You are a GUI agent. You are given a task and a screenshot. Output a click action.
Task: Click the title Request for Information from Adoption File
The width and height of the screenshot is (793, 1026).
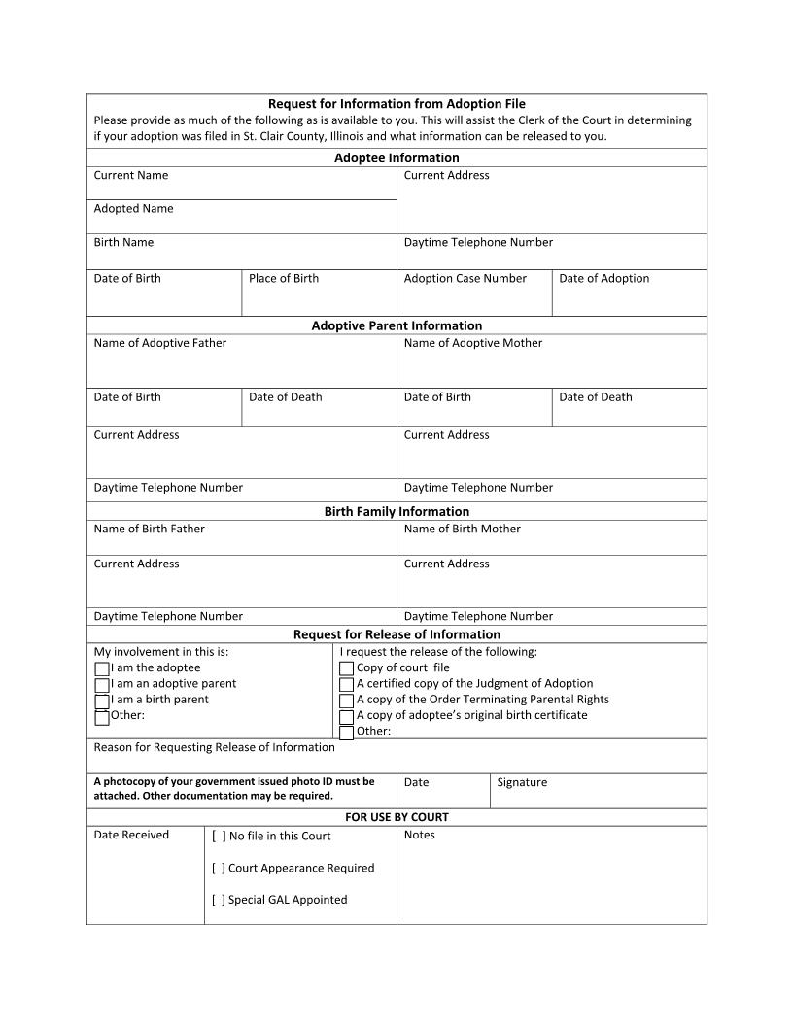396,104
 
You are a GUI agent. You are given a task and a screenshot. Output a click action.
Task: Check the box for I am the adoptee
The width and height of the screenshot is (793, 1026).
102,669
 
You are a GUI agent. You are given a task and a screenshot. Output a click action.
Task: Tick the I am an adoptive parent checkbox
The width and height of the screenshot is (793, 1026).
102,685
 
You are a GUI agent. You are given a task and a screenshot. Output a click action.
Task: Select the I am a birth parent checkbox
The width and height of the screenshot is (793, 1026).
102,701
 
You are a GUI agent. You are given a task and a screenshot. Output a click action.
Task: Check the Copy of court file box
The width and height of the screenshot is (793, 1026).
346,668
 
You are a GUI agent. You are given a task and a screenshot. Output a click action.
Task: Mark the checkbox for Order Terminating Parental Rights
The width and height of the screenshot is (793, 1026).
346,701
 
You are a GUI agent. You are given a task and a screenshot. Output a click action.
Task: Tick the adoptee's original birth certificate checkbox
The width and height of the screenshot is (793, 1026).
346,717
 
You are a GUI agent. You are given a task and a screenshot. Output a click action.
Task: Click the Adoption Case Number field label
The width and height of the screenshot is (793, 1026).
465,279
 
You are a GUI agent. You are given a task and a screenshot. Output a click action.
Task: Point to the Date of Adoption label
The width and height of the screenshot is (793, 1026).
603,279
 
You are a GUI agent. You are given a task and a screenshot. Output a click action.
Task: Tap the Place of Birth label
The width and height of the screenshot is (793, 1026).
283,279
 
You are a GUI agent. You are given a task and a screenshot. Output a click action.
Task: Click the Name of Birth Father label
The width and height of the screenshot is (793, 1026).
149,530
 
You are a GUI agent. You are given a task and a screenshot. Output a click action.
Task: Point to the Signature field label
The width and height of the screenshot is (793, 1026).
522,783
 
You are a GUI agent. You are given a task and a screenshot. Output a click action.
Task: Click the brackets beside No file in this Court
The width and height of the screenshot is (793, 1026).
219,837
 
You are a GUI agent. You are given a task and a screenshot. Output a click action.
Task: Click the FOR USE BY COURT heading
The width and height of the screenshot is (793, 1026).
396,817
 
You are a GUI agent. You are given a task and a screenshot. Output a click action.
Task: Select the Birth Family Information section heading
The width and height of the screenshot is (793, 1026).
396,511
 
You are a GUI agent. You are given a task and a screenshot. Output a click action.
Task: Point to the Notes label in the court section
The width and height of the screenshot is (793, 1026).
419,836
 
